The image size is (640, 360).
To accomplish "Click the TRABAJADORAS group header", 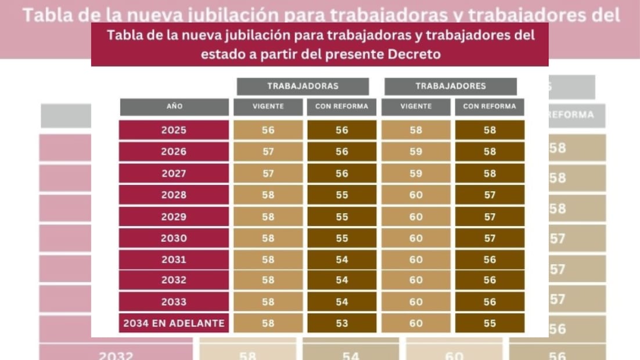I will coord(303,86).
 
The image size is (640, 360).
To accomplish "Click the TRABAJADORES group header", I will coord(451,86).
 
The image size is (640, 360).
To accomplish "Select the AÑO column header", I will coord(174,107).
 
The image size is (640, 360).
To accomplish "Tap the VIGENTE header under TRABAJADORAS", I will coord(268,107).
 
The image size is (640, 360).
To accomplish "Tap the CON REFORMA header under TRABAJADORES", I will coord(490,107).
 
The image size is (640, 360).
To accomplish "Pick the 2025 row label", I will coord(174,130).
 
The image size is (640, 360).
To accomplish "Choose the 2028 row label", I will coord(174,195).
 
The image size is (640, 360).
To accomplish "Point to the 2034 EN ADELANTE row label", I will coord(174,323).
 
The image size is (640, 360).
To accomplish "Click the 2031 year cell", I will coord(174,260).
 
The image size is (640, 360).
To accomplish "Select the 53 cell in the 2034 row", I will coord(342,323).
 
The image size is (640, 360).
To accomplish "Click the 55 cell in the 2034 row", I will coord(490,323).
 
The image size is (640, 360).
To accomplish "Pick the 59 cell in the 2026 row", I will coord(416,152).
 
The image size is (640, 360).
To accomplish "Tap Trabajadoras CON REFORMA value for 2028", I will coord(342,195).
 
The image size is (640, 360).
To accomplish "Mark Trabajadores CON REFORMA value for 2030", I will coord(490,238).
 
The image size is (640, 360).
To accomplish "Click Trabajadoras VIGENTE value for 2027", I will coord(268,173).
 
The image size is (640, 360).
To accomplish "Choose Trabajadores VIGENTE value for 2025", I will coord(416,130).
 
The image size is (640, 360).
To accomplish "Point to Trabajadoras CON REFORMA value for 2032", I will coord(342,280).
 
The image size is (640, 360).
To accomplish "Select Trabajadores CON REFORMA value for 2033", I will coord(490,302).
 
